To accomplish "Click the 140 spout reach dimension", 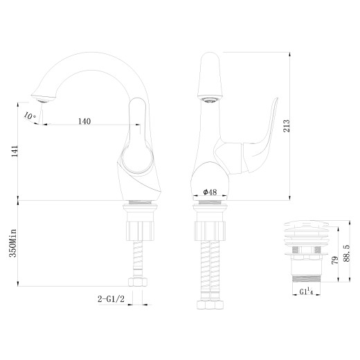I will coord(83,121).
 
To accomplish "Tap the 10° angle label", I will coord(29,116).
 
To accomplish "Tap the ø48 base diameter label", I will coord(209,192).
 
